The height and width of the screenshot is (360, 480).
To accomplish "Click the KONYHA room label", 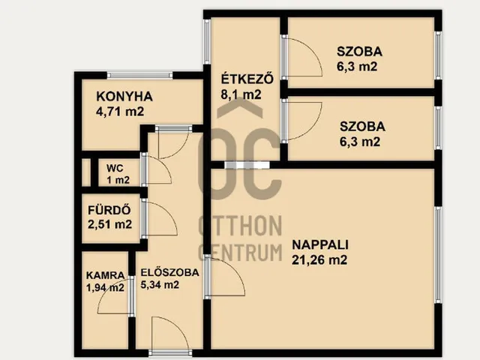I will pyautogui.click(x=124, y=96).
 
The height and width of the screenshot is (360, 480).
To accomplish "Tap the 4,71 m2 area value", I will pyautogui.click(x=120, y=111).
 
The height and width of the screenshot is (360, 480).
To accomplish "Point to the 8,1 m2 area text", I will pyautogui.click(x=241, y=94).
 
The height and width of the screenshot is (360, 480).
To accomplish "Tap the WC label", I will pyautogui.click(x=113, y=168).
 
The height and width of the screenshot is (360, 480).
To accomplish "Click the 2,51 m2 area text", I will pyautogui.click(x=109, y=223).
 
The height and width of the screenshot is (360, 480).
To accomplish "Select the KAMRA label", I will pyautogui.click(x=105, y=274).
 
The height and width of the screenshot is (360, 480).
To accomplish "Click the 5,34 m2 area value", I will pyautogui.click(x=160, y=285).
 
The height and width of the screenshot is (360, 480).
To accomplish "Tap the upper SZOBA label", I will pyautogui.click(x=359, y=52).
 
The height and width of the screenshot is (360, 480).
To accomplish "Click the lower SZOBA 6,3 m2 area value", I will pyautogui.click(x=359, y=141).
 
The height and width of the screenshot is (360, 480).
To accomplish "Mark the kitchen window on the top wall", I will pyautogui.click(x=139, y=74).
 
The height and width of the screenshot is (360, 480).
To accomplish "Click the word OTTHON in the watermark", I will pyautogui.click(x=239, y=224).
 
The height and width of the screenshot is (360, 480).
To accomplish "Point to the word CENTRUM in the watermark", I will pyautogui.click(x=239, y=251).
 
